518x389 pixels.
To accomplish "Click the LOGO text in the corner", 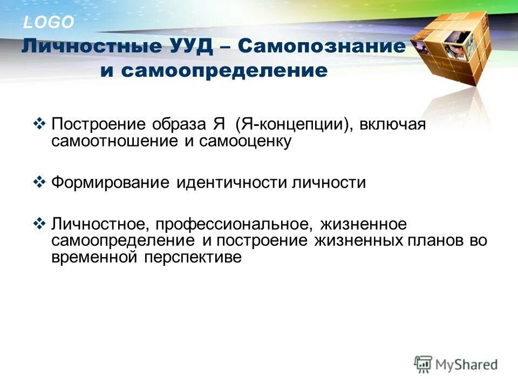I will point(48,22).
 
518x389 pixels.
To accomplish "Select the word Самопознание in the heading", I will point(321,46).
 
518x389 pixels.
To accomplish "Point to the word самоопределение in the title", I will point(223,71).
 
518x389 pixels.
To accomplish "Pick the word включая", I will point(391,125).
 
